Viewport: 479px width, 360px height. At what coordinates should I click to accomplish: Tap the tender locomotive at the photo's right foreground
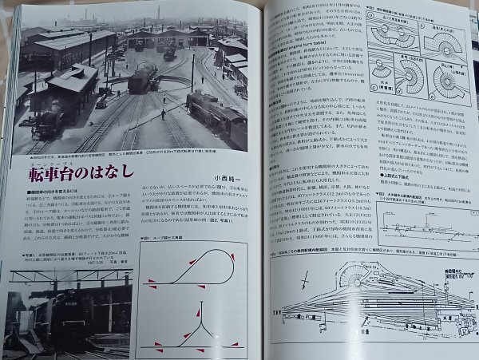pyautogui.click(x=217, y=115)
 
